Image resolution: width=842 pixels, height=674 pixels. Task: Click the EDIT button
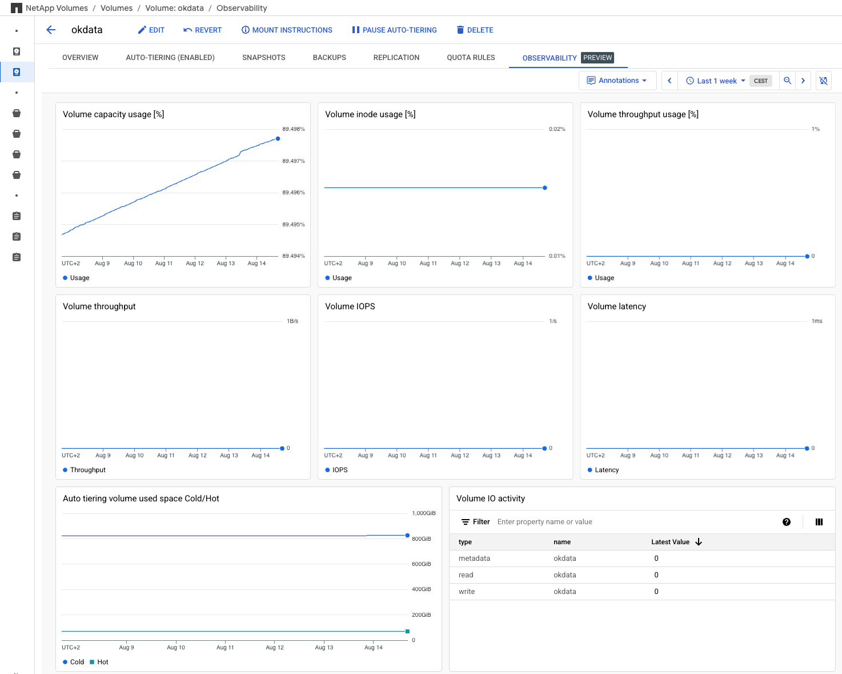[x=151, y=30]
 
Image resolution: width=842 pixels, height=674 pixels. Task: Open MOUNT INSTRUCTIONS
[x=287, y=30]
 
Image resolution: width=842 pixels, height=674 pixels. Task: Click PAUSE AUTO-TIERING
[x=394, y=30]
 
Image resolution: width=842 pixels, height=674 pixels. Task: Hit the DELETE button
[x=475, y=30]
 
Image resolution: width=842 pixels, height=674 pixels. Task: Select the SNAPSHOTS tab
[x=263, y=58]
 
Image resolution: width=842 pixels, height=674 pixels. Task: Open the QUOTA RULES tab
[x=471, y=58]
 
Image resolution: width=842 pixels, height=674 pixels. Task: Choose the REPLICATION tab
[x=396, y=58]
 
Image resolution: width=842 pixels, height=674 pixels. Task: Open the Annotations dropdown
[x=618, y=81]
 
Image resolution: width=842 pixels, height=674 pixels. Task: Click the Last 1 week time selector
[x=716, y=81]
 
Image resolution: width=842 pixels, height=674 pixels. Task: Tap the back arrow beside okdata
[x=51, y=30]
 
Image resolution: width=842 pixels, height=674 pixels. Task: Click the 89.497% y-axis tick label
[x=293, y=161]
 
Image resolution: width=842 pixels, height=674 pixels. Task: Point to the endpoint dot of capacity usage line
[x=278, y=138]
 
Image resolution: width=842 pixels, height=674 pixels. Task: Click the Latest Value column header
[x=670, y=542]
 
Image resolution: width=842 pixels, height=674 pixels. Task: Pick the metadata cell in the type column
[x=474, y=559]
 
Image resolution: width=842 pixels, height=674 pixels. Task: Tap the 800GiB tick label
[x=421, y=539]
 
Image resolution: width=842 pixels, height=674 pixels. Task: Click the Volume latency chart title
[x=616, y=306]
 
